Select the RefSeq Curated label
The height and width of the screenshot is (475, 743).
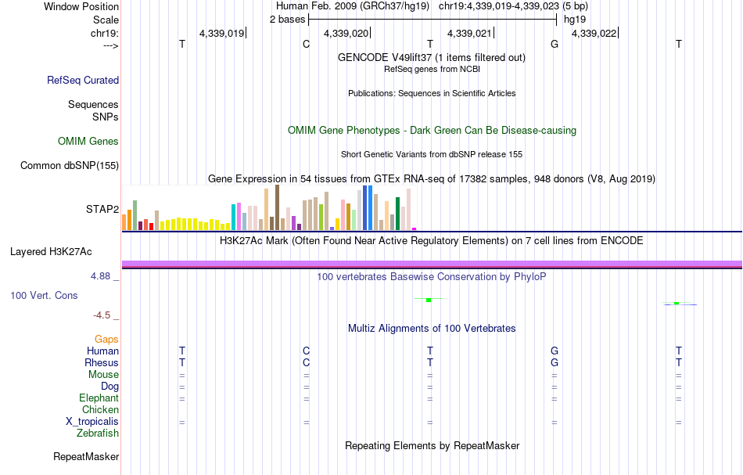83,80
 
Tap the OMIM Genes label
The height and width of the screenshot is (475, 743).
88,142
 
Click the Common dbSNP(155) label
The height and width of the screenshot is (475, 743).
70,165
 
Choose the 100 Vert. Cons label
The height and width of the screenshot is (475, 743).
44,295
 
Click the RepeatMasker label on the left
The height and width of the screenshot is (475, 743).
86,456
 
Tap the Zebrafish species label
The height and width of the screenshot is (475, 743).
98,433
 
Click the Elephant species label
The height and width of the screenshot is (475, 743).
99,398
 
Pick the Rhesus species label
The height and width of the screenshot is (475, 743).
102,363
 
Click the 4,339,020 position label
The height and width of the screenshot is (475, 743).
345,34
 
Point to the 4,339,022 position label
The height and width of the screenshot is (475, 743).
594,34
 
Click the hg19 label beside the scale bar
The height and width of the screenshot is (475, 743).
575,19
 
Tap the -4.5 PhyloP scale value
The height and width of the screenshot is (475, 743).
102,315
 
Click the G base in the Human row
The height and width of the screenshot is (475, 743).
555,351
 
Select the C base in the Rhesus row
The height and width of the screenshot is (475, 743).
307,363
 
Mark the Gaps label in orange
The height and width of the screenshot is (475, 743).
106,340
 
